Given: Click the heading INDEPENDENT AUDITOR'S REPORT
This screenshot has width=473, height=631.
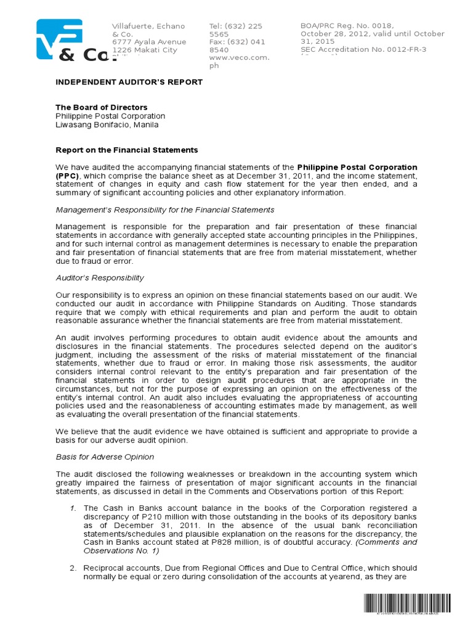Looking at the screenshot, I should pos(129,82).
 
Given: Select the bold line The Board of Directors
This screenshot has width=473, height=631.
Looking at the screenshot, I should pos(102,107).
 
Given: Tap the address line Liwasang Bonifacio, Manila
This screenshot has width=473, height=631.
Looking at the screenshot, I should pos(107,124).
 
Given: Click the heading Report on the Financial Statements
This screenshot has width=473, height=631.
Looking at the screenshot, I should pos(127,150).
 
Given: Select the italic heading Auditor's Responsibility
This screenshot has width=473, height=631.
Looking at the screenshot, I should pos(100,278).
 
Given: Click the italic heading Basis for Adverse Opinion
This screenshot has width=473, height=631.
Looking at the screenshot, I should pos(105,457).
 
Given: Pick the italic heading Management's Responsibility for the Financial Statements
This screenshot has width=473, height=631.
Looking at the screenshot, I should pos(165,210).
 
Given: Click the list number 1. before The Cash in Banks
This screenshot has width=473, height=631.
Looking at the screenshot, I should pos(72,508).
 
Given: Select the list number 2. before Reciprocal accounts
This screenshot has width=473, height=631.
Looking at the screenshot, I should pos(72,568).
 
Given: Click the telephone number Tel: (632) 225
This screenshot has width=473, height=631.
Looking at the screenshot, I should pos(236,26).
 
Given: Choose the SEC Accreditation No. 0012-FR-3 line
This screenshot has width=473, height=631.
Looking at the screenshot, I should pos(363,49).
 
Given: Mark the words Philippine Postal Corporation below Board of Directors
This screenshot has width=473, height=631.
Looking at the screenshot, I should pos(110,116).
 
